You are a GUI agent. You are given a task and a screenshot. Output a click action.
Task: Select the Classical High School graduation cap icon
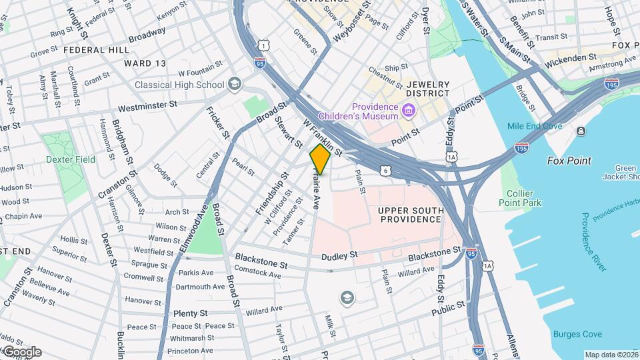(x=233, y=84)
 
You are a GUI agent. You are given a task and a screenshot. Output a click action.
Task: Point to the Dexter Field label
(x=71, y=159)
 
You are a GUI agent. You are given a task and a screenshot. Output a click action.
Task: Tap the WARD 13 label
(x=145, y=63)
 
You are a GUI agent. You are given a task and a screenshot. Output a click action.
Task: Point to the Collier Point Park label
(x=519, y=197)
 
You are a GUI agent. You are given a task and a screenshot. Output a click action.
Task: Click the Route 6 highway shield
(x=386, y=171)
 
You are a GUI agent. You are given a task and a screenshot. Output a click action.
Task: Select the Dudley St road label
(x=339, y=255)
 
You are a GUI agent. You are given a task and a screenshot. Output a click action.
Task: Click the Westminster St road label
(x=147, y=105)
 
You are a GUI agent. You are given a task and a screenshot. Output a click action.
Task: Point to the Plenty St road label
(x=191, y=313)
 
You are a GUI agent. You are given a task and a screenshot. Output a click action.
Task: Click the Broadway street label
(x=147, y=33)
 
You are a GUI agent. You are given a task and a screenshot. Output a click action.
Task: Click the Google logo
(x=22, y=352)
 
